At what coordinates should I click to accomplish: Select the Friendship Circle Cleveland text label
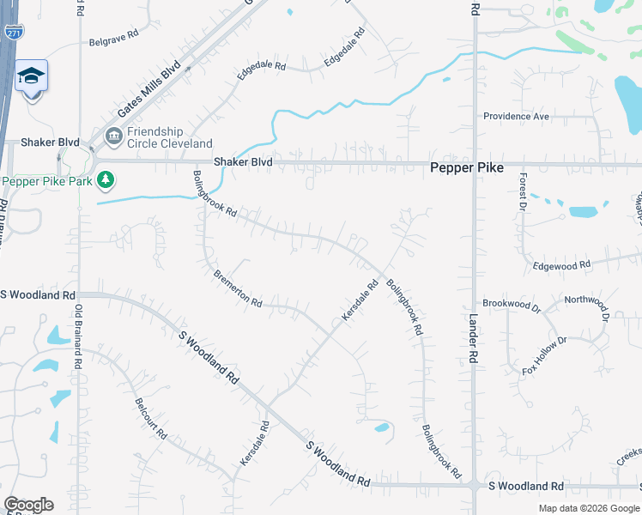click(169, 137)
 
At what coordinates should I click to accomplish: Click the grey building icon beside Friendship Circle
click(113, 136)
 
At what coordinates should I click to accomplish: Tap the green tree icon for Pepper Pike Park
click(105, 180)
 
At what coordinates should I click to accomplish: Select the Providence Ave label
click(516, 117)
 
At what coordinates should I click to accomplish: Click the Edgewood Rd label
click(562, 266)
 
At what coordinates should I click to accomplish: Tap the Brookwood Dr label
click(512, 305)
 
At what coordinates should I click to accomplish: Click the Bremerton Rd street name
click(239, 288)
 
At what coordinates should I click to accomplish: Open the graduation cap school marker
click(32, 78)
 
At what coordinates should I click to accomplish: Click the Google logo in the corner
click(28, 505)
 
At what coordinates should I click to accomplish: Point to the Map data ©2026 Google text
click(589, 508)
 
